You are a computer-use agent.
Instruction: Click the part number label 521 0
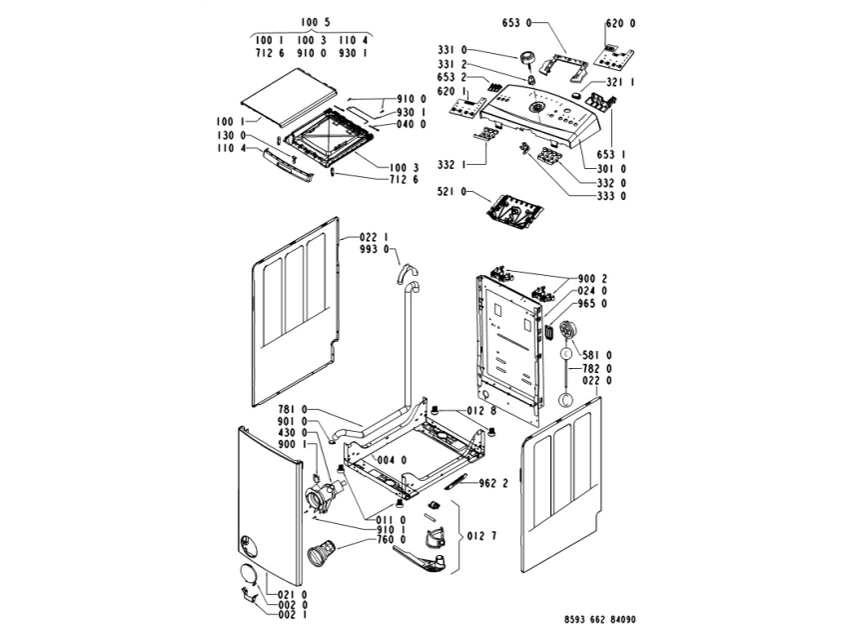tap(451, 190)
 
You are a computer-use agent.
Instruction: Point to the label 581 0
tap(596, 354)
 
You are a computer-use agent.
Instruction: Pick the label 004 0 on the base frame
tap(391, 460)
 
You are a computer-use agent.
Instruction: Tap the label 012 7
tap(482, 535)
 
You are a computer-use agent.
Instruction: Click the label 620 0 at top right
tap(620, 22)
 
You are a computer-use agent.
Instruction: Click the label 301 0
tap(610, 169)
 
